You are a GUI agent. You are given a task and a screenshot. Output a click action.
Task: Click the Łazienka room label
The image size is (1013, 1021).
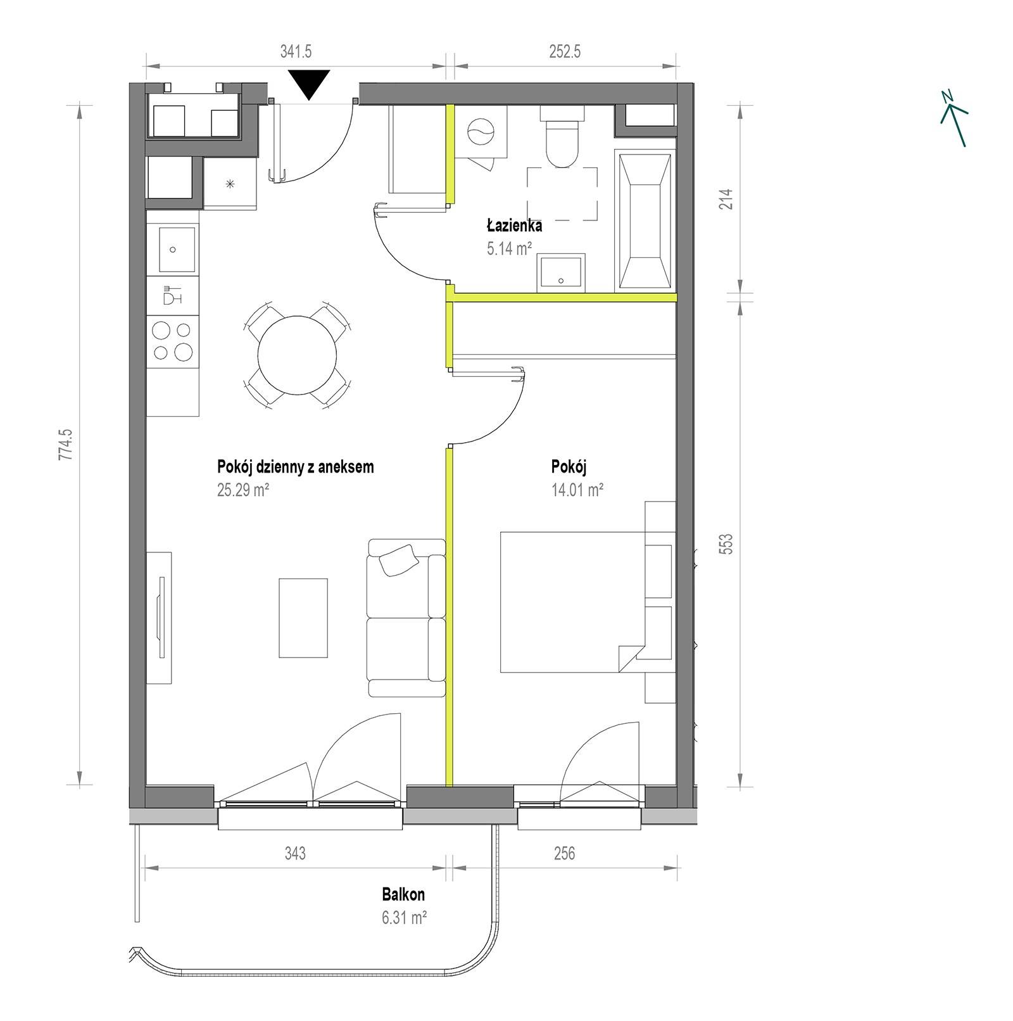tap(514, 225)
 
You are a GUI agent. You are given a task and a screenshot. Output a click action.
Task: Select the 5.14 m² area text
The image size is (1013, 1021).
tap(509, 248)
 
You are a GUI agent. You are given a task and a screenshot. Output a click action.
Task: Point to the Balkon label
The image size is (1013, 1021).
tap(403, 894)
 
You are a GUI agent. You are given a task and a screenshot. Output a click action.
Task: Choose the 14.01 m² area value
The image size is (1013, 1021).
tap(577, 490)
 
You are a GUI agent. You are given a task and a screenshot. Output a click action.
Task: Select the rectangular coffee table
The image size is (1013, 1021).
tap(303, 618)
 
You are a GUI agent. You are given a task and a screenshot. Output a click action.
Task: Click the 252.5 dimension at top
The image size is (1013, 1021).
tap(565, 51)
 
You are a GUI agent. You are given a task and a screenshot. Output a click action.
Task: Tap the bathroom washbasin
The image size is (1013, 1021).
tap(561, 273)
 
